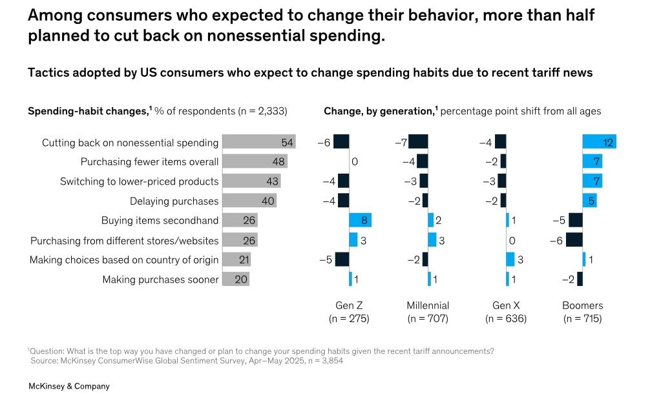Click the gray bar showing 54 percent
click(x=258, y=142)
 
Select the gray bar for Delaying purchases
click(x=249, y=201)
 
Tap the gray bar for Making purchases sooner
click(x=236, y=280)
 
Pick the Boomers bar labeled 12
click(x=599, y=142)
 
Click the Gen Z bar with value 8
click(x=360, y=220)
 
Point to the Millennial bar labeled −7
click(x=418, y=142)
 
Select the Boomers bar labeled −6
click(x=574, y=240)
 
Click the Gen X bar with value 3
click(x=510, y=260)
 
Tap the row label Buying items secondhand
click(x=160, y=221)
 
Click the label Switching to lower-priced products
click(x=139, y=181)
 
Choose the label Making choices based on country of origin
click(x=124, y=260)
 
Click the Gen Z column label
click(x=349, y=305)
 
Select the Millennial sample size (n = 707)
click(x=428, y=319)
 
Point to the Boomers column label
click(x=582, y=305)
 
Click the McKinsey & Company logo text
click(x=68, y=386)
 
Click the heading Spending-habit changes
click(x=88, y=111)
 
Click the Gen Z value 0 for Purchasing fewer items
click(x=354, y=161)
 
